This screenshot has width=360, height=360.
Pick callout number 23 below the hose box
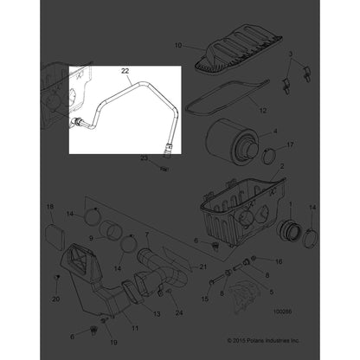click(x=145, y=157)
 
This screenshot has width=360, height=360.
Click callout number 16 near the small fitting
click(x=278, y=260)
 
